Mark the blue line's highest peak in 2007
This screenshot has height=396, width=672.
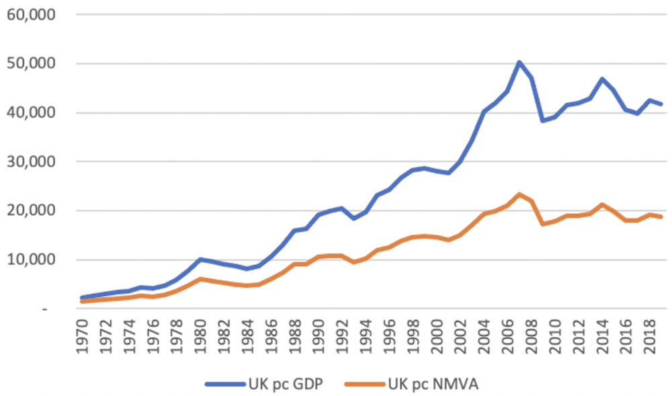click(519, 62)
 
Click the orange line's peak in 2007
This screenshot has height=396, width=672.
click(519, 194)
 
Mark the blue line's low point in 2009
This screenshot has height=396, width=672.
click(542, 121)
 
